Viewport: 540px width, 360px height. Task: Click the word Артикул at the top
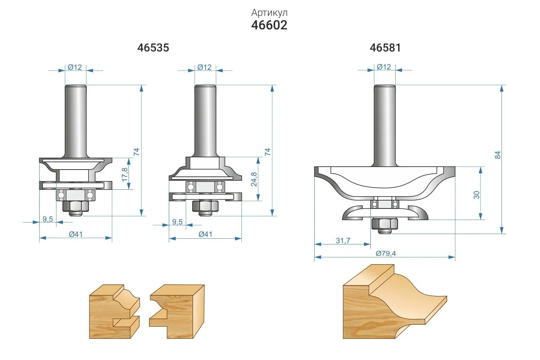[x=269, y=13]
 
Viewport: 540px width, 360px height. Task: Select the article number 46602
[x=269, y=25]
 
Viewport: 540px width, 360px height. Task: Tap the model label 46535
[x=153, y=48]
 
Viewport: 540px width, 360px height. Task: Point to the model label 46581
[x=385, y=48]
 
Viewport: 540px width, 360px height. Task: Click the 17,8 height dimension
[x=125, y=174]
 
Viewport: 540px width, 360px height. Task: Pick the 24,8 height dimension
[x=254, y=179]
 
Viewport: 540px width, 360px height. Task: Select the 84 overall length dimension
[x=498, y=155]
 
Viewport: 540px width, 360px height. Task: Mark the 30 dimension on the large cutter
[x=477, y=195]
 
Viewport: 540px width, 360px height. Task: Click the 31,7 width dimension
[x=343, y=240]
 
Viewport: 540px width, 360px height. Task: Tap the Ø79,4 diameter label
[x=386, y=253]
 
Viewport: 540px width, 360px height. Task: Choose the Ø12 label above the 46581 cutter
[x=384, y=67]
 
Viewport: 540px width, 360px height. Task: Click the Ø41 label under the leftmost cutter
[x=76, y=234]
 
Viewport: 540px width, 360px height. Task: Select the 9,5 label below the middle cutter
[x=177, y=222]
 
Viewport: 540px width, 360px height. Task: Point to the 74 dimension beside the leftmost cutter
[x=136, y=152]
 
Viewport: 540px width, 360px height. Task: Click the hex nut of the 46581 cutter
[x=384, y=224]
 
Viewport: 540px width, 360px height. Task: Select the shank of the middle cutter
[x=205, y=121]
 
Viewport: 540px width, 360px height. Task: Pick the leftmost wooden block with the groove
[x=114, y=311]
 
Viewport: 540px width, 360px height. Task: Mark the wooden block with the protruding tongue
[x=177, y=311]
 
